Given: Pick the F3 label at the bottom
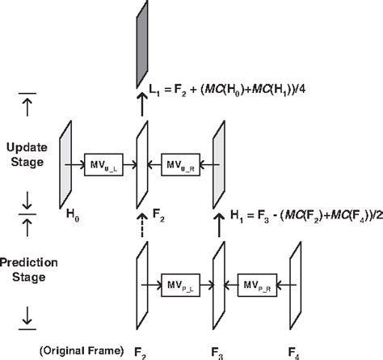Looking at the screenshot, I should pos(217,352).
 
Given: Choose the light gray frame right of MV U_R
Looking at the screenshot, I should pos(218,165).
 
